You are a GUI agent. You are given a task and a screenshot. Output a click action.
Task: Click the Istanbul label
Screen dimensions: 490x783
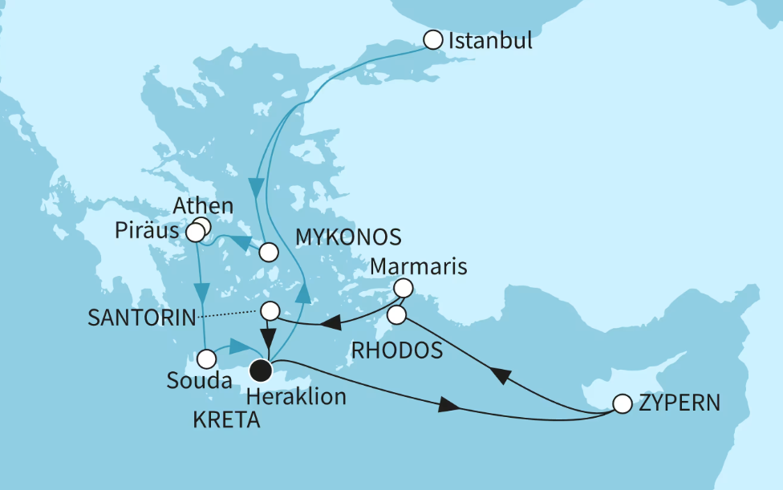coord(490,40)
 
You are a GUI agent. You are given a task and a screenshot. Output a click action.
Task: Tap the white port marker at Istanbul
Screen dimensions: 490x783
coord(432,38)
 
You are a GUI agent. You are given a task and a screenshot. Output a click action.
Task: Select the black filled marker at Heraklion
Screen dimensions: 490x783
coord(261,371)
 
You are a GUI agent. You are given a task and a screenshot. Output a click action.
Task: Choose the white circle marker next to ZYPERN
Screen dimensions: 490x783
coord(622,403)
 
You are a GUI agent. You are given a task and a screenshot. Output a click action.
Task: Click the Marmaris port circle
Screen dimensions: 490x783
coord(404,287)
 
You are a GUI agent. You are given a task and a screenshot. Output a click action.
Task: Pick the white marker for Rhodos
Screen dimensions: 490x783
coord(396,314)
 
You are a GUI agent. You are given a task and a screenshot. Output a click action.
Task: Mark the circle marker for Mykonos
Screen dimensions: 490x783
coord(268,252)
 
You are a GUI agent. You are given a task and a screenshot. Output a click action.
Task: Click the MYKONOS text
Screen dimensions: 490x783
coord(347,237)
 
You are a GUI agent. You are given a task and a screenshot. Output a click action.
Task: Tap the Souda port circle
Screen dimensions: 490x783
coord(207,357)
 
